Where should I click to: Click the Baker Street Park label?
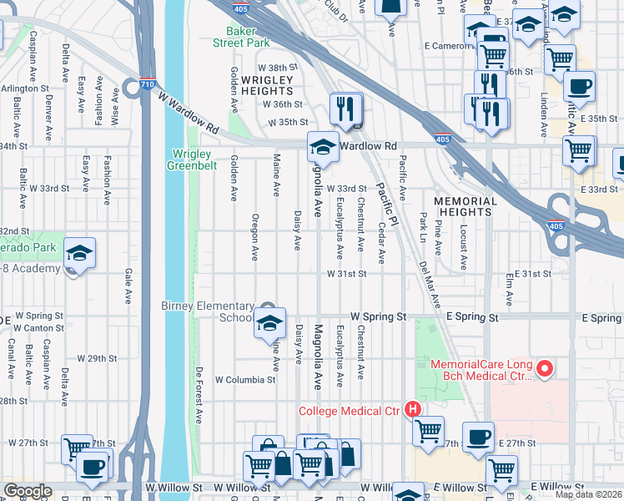[241, 36]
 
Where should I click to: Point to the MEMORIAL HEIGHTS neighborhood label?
[465, 206]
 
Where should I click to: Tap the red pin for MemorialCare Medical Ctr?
[546, 368]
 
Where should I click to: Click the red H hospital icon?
[411, 409]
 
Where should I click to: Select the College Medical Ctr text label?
[350, 410]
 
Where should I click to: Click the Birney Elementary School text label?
[208, 311]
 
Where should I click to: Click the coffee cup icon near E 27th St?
[479, 438]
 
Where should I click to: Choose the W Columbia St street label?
[245, 379]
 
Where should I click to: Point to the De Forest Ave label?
[199, 392]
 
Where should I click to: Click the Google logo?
[28, 491]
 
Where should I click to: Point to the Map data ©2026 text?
[589, 494]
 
